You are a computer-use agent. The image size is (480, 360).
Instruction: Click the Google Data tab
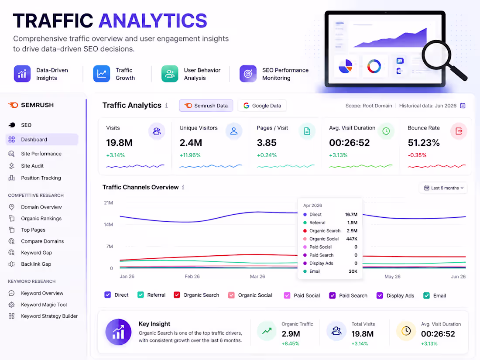pyautogui.click(x=262, y=106)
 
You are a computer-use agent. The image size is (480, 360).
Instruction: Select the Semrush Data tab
pyautogui.click(x=206, y=106)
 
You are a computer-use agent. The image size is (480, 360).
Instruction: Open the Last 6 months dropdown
pyautogui.click(x=443, y=188)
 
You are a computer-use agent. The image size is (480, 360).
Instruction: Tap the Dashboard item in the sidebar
pyautogui.click(x=42, y=140)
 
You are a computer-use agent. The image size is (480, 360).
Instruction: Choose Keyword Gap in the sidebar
pyautogui.click(x=36, y=253)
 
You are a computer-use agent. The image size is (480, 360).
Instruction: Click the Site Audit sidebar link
pyautogui.click(x=32, y=166)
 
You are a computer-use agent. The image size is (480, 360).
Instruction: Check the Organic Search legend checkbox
pyautogui.click(x=177, y=295)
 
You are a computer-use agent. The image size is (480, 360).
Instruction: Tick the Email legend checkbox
pyautogui.click(x=426, y=295)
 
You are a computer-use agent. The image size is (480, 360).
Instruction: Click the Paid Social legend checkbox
pyautogui.click(x=287, y=295)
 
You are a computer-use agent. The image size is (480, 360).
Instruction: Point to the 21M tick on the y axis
pyautogui.click(x=108, y=202)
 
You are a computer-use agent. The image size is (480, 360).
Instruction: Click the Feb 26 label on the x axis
pyautogui.click(x=192, y=276)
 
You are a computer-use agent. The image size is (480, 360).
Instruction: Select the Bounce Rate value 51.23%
pyautogui.click(x=424, y=143)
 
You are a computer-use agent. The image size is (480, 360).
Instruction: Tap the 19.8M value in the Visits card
pyautogui.click(x=120, y=143)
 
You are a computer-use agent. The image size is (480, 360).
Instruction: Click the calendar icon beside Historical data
pyautogui.click(x=463, y=106)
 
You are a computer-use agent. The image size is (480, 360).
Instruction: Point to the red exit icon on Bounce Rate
pyautogui.click(x=459, y=131)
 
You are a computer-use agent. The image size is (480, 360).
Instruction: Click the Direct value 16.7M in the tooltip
pyautogui.click(x=351, y=215)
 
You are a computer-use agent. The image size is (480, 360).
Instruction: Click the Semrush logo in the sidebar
pyautogui.click(x=31, y=105)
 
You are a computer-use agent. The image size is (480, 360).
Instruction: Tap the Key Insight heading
pyautogui.click(x=154, y=324)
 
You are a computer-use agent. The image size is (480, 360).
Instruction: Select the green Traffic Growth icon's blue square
pyautogui.click(x=101, y=74)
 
